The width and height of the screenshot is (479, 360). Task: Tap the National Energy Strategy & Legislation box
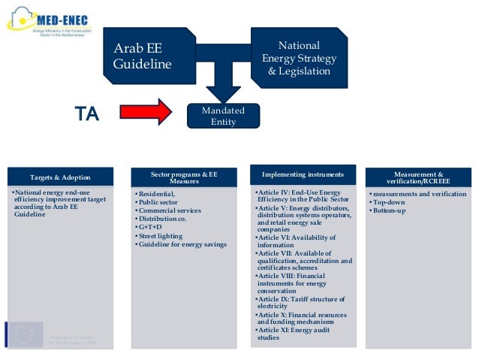(299, 58)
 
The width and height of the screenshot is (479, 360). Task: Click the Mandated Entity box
(224, 116)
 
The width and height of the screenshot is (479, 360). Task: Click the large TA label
(86, 114)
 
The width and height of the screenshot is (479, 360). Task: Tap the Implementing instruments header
(303, 175)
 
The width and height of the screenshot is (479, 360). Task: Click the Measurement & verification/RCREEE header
(419, 178)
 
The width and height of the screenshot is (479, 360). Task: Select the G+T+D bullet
(149, 225)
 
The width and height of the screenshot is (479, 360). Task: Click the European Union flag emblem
(25, 334)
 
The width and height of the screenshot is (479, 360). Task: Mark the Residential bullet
(155, 193)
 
